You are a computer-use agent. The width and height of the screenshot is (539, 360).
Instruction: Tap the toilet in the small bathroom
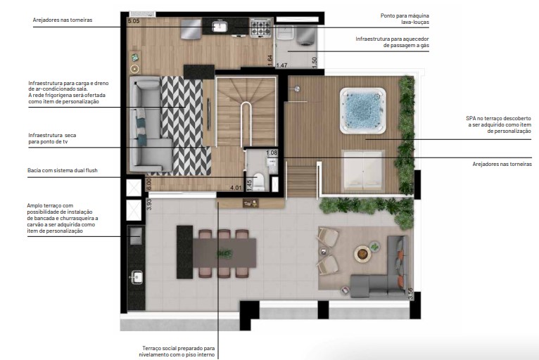[258, 181]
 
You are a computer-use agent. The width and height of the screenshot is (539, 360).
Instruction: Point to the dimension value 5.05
[134, 22]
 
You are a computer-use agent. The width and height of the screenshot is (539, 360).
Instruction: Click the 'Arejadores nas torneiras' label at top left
[62, 20]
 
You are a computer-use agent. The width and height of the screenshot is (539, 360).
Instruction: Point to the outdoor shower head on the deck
[297, 89]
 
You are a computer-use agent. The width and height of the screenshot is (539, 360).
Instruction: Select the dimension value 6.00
[149, 184]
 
